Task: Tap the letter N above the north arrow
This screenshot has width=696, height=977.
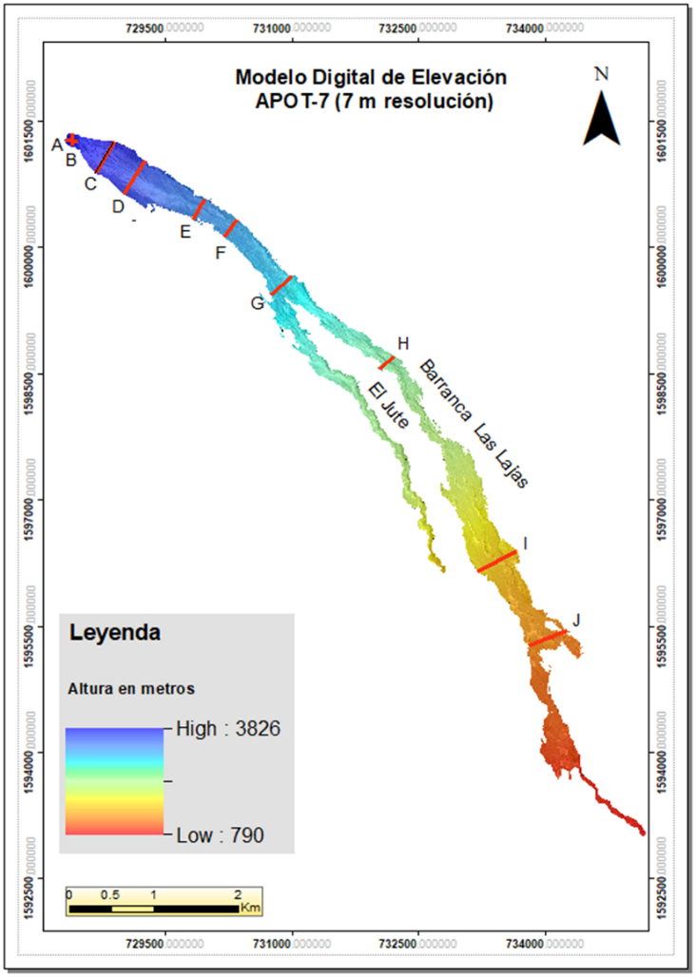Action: click(601, 73)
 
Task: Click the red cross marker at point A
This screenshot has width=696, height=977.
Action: click(71, 141)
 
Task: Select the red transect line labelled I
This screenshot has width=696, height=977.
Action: click(497, 561)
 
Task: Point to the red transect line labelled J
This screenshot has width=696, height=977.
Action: click(548, 638)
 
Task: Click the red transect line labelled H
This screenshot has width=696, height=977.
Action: click(386, 362)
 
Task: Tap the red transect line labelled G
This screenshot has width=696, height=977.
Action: click(280, 285)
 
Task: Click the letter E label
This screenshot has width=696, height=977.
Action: click(185, 231)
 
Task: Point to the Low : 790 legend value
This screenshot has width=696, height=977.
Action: click(220, 835)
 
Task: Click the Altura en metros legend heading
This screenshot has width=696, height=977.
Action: click(131, 687)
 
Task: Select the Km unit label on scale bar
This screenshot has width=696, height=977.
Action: click(250, 909)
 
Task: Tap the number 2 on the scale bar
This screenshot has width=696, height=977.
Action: click(238, 894)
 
